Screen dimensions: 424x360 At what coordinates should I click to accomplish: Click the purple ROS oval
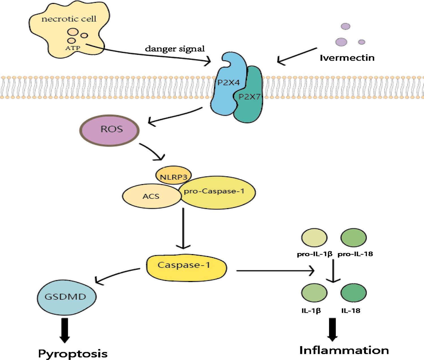[109, 130]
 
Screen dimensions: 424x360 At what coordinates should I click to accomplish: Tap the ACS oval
[152, 196]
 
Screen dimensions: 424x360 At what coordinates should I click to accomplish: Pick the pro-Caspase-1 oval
[217, 192]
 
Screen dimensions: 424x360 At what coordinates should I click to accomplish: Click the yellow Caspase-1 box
[187, 268]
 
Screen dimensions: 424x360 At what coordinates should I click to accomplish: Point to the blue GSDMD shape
[66, 297]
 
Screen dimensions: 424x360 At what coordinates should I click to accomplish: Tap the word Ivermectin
[347, 58]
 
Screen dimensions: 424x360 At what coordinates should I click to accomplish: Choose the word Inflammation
[344, 350]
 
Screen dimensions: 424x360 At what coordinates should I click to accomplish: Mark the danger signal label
[175, 49]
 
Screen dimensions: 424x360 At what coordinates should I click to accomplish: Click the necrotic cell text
[69, 19]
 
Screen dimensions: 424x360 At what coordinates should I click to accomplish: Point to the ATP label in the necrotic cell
[73, 48]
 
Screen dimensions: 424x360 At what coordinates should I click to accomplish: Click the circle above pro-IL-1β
[314, 237]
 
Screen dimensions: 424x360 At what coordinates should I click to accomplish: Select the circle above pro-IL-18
[353, 237]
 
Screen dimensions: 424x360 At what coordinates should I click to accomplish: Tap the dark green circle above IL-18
[353, 293]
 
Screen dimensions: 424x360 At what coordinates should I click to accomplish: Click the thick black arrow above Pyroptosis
[65, 330]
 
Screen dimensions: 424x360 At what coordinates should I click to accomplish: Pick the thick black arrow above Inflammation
[332, 330]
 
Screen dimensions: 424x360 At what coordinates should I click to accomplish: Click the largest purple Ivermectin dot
[341, 42]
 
